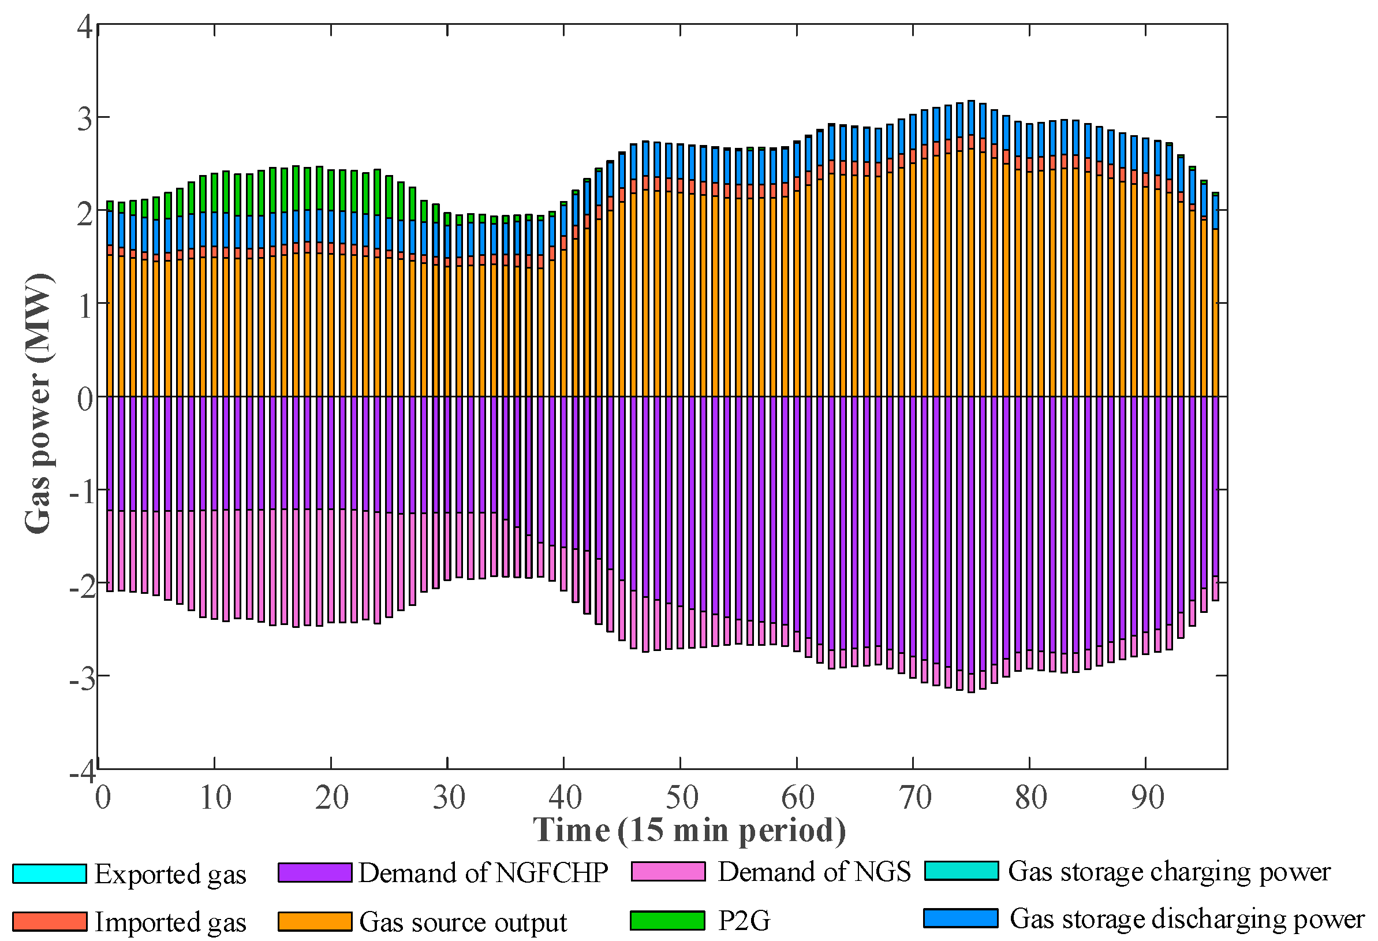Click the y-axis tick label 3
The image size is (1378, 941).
click(x=85, y=118)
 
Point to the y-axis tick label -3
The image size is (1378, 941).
click(x=81, y=678)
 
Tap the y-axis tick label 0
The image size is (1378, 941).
click(x=85, y=398)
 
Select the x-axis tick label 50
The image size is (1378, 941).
click(x=681, y=797)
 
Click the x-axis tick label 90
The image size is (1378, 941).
click(x=1147, y=797)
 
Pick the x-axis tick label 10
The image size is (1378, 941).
click(x=215, y=797)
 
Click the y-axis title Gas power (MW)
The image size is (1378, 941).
click(x=38, y=403)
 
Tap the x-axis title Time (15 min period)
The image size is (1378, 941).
click(x=689, y=830)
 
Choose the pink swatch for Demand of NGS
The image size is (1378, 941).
click(x=669, y=872)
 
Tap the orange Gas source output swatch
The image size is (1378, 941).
click(x=315, y=921)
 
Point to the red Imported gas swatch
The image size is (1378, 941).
click(x=49, y=921)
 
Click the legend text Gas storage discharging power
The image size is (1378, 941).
click(x=1186, y=918)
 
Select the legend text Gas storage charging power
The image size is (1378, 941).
click(x=1169, y=872)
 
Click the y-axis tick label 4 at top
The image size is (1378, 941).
click(x=85, y=27)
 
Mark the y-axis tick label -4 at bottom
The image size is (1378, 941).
click(x=81, y=772)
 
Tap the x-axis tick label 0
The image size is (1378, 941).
click(x=103, y=797)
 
